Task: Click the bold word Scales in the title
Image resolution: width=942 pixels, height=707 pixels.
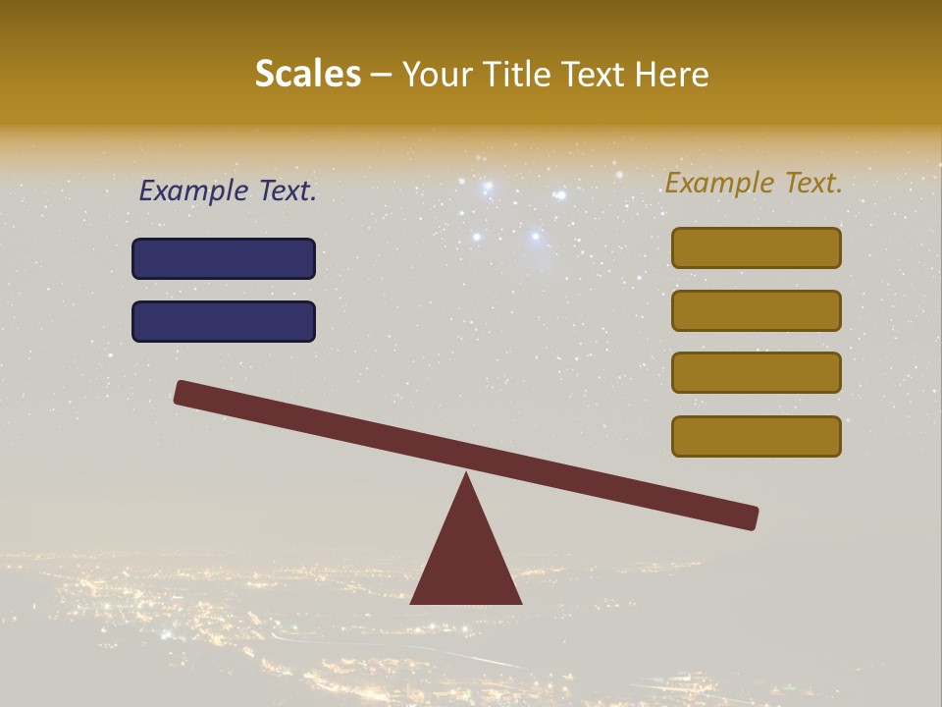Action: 307,74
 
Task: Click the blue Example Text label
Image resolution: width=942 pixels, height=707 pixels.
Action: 228,191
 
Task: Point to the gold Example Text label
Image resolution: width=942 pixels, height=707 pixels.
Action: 754,183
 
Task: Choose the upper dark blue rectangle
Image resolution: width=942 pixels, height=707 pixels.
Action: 224,258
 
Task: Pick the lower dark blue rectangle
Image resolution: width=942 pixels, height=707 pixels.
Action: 224,321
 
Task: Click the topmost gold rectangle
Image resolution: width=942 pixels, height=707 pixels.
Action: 756,247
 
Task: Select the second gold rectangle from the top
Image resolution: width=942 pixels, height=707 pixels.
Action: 756,310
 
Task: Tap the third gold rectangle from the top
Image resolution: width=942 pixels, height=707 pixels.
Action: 756,373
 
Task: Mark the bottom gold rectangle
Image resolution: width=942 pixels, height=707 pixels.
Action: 756,436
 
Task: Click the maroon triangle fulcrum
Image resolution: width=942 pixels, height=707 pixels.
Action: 466,560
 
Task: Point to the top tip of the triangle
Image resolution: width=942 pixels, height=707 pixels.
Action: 466,476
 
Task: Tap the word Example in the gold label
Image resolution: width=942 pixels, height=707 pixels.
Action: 719,183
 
